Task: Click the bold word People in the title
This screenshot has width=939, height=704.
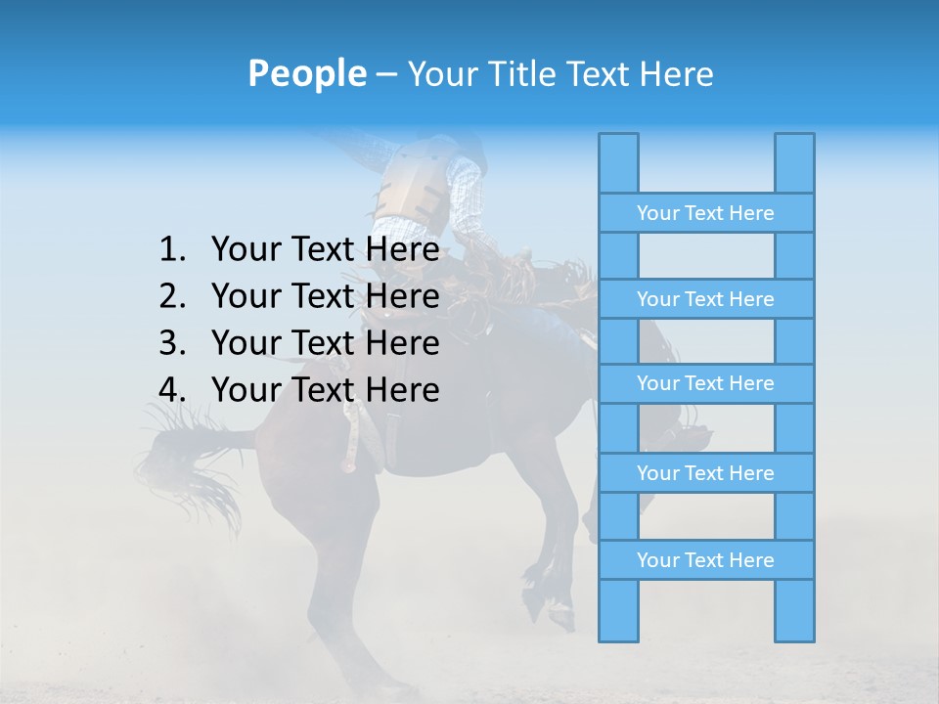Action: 306,74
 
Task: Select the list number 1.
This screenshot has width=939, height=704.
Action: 172,250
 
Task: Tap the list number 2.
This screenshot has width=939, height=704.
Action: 172,297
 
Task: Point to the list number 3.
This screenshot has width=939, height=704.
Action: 172,344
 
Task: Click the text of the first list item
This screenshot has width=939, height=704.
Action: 325,250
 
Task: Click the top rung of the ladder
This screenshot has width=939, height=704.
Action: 705,213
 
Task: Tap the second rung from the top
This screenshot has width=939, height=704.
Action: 705,299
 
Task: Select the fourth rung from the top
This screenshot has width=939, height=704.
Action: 705,473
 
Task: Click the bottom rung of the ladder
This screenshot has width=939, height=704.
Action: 705,560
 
